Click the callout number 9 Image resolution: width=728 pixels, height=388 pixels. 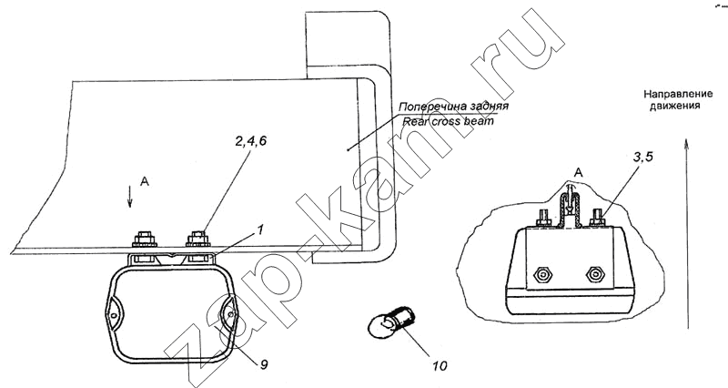(x=262, y=364)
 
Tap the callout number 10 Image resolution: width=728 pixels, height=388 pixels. (x=440, y=367)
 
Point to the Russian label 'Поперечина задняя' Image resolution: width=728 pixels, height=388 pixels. (x=452, y=107)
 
